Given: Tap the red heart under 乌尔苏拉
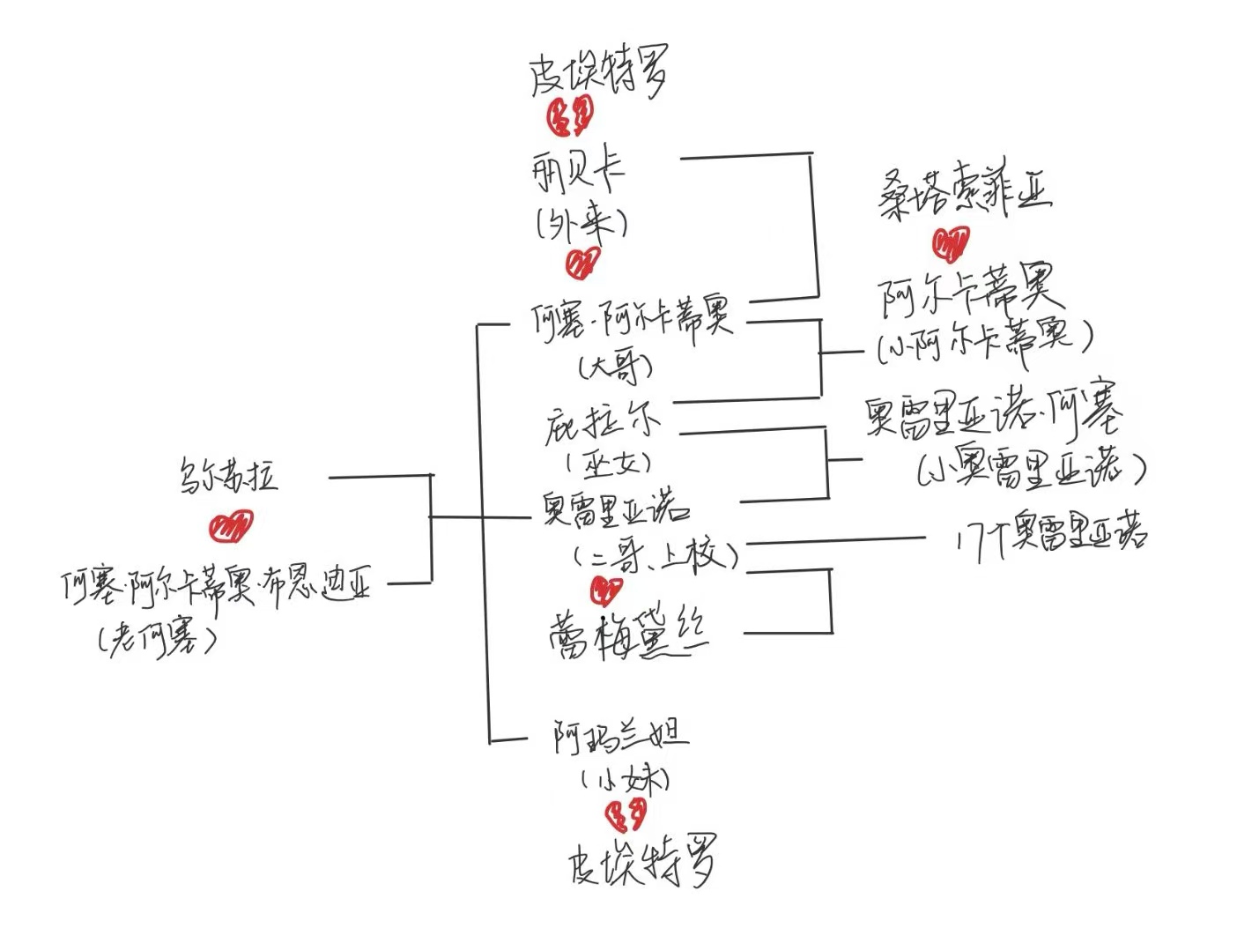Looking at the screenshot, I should (230, 527).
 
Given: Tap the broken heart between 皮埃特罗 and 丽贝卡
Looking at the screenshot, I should (570, 115).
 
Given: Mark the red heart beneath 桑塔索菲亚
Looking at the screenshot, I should (950, 243).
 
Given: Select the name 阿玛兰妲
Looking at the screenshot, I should (620, 736).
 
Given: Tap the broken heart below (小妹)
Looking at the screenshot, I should (626, 816).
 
